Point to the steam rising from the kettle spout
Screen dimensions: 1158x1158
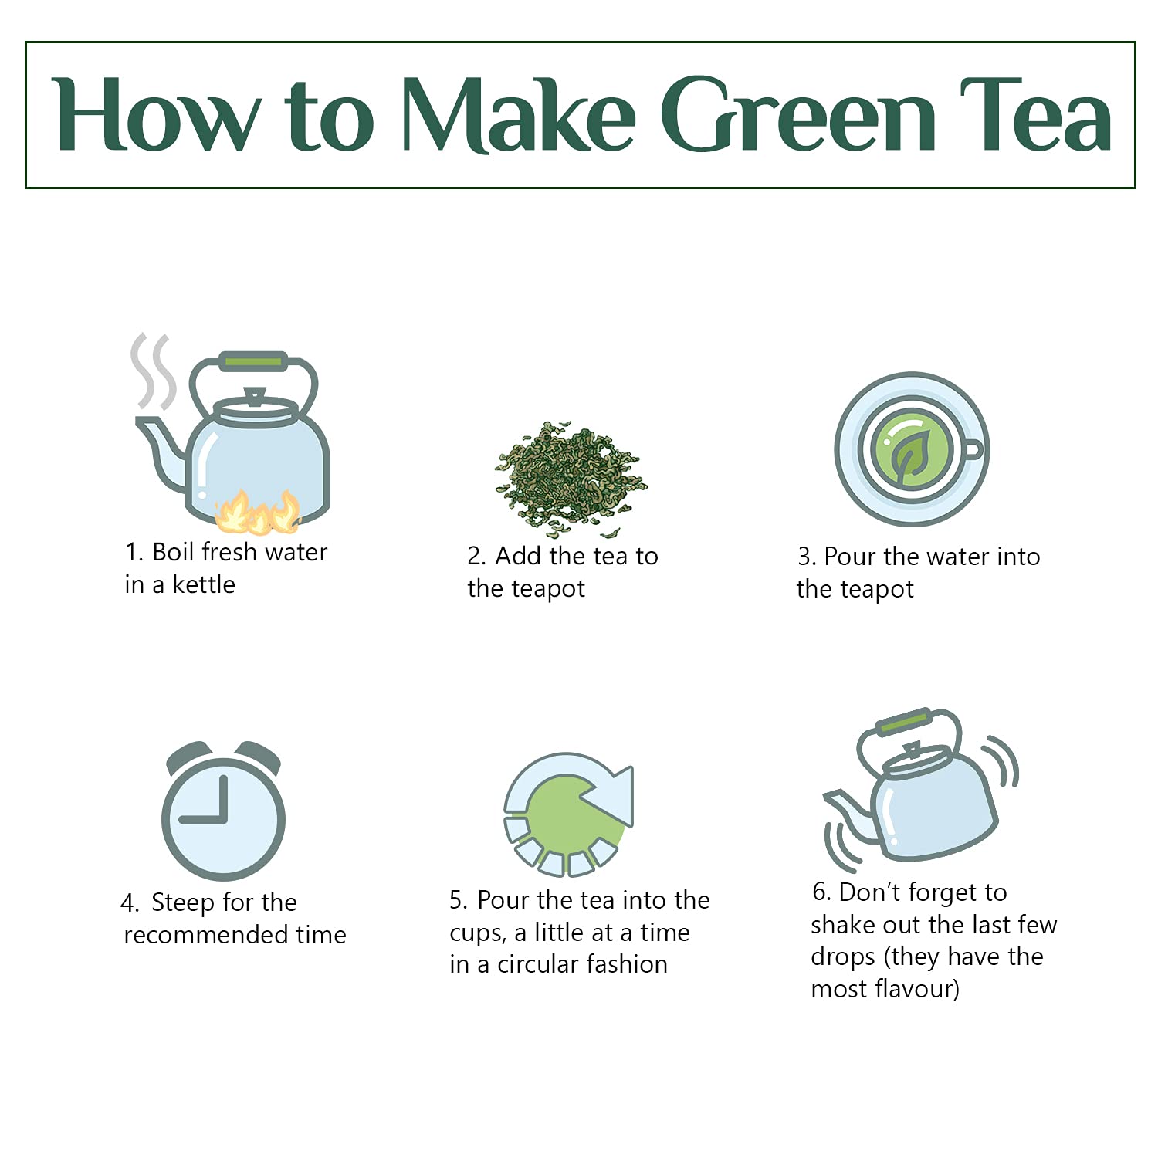coord(152,371)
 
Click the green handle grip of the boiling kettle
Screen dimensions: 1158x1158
coord(253,361)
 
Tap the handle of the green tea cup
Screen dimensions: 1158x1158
coord(973,450)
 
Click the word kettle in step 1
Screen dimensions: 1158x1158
coord(204,584)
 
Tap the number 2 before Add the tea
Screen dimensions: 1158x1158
coord(475,557)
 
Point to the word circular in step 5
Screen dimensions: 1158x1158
coord(544,964)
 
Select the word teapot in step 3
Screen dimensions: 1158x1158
coord(875,590)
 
